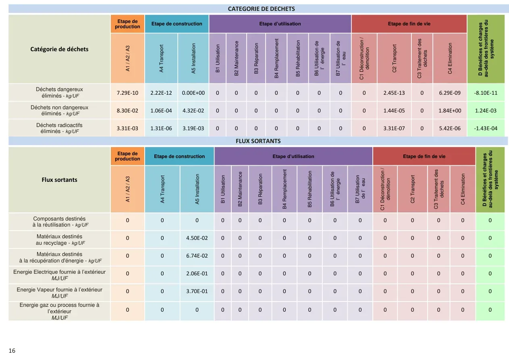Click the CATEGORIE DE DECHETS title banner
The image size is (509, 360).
click(x=261, y=9)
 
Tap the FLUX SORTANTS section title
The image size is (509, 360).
click(x=258, y=141)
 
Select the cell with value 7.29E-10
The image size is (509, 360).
click(x=127, y=93)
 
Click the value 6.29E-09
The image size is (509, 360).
click(x=450, y=93)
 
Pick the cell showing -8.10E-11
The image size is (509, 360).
click(x=486, y=93)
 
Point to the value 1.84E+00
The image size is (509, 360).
click(x=450, y=111)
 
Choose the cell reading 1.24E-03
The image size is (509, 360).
click(x=486, y=111)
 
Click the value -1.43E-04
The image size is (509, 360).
click(x=486, y=129)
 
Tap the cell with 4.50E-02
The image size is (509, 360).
click(x=197, y=238)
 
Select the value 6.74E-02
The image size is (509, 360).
click(x=197, y=256)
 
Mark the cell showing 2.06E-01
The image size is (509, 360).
click(x=197, y=273)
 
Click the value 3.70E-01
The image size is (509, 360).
click(x=197, y=291)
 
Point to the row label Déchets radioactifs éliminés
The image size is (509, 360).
click(x=59, y=128)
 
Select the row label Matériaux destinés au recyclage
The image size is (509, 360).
click(x=59, y=239)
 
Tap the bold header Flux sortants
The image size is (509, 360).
click(x=59, y=180)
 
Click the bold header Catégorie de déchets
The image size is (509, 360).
click(x=59, y=49)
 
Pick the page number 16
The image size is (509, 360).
click(x=12, y=351)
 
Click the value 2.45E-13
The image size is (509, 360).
click(x=394, y=93)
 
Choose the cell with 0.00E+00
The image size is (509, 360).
click(x=193, y=93)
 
